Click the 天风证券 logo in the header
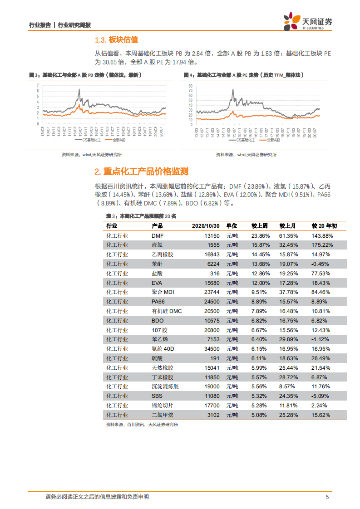tap(307, 22)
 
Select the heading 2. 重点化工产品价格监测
tap(141, 171)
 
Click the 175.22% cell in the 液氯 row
tap(322, 245)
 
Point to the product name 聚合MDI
tap(163, 292)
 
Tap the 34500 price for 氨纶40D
tap(212, 349)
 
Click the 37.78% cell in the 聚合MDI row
tap(288, 292)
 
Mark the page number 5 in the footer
tap(327, 497)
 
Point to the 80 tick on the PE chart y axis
tap(191, 85)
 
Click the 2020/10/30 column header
tap(206, 225)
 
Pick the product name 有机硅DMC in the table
tap(166, 311)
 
